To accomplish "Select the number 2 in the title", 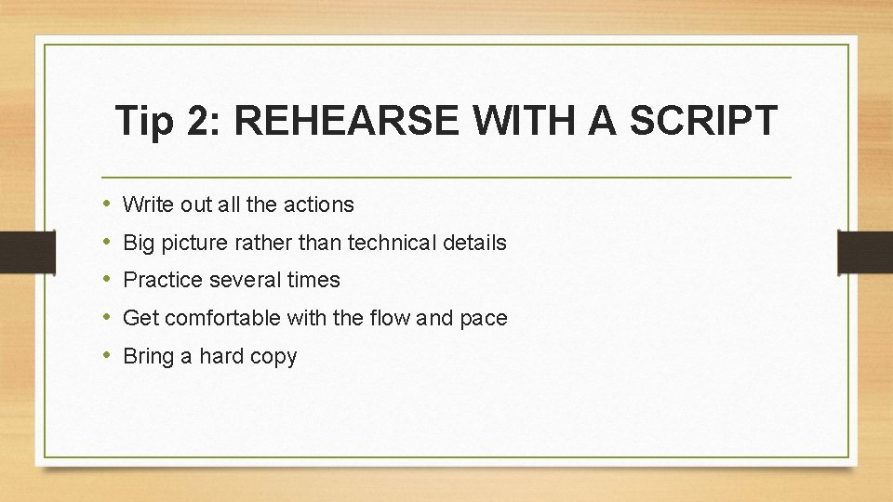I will point(197,122).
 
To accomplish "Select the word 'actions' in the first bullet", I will point(320,204).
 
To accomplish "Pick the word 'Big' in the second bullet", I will point(139,243).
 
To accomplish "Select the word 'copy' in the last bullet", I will point(275,357).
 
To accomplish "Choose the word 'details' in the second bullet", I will point(474,243).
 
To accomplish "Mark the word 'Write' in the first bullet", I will point(147,204).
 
